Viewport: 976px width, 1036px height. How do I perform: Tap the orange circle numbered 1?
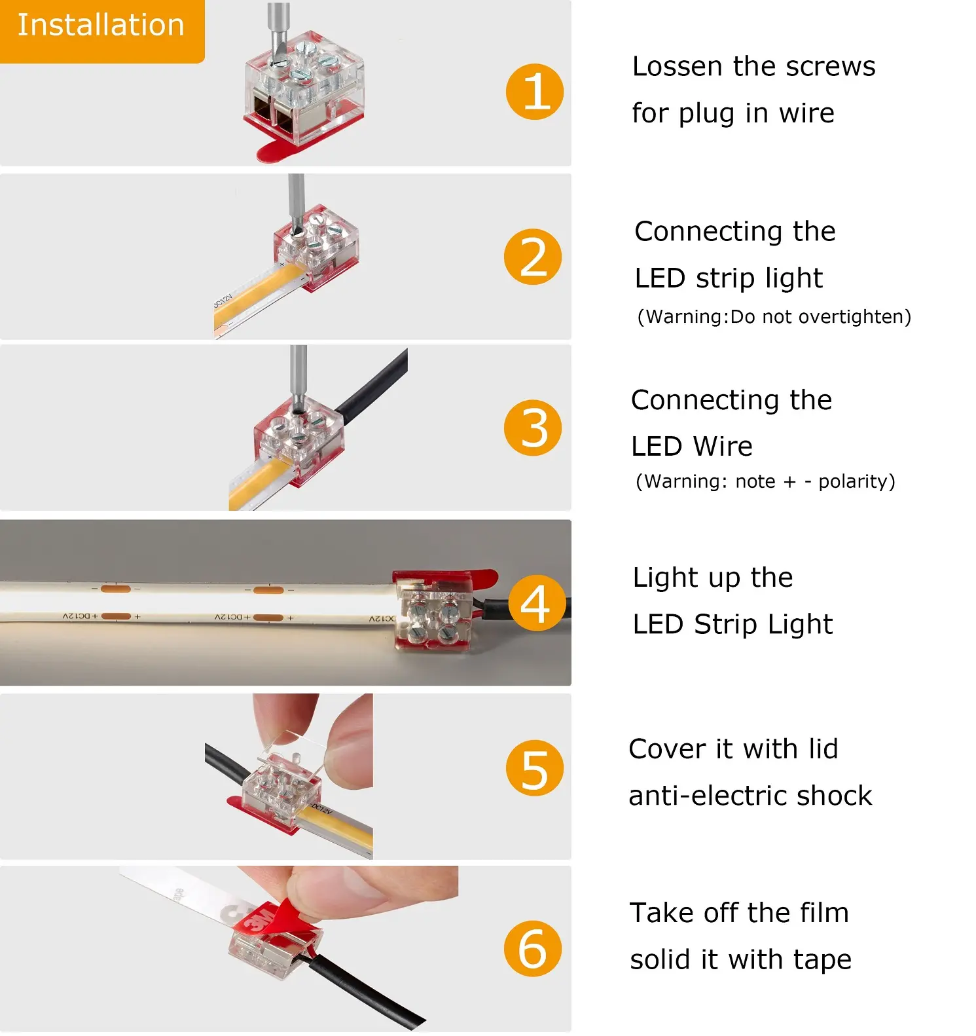(534, 91)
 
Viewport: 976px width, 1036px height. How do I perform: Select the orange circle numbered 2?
(532, 257)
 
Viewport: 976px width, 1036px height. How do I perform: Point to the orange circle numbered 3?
(532, 428)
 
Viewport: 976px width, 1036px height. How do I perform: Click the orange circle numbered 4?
(536, 602)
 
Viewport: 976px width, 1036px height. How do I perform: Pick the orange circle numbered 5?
(534, 768)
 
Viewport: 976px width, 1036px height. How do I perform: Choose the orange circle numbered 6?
(532, 948)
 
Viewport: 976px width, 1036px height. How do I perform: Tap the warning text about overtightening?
(774, 317)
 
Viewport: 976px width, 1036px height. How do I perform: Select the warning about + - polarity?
(765, 481)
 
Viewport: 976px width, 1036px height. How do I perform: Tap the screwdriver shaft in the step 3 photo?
(298, 373)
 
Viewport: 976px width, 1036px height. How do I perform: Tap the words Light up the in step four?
(712, 578)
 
